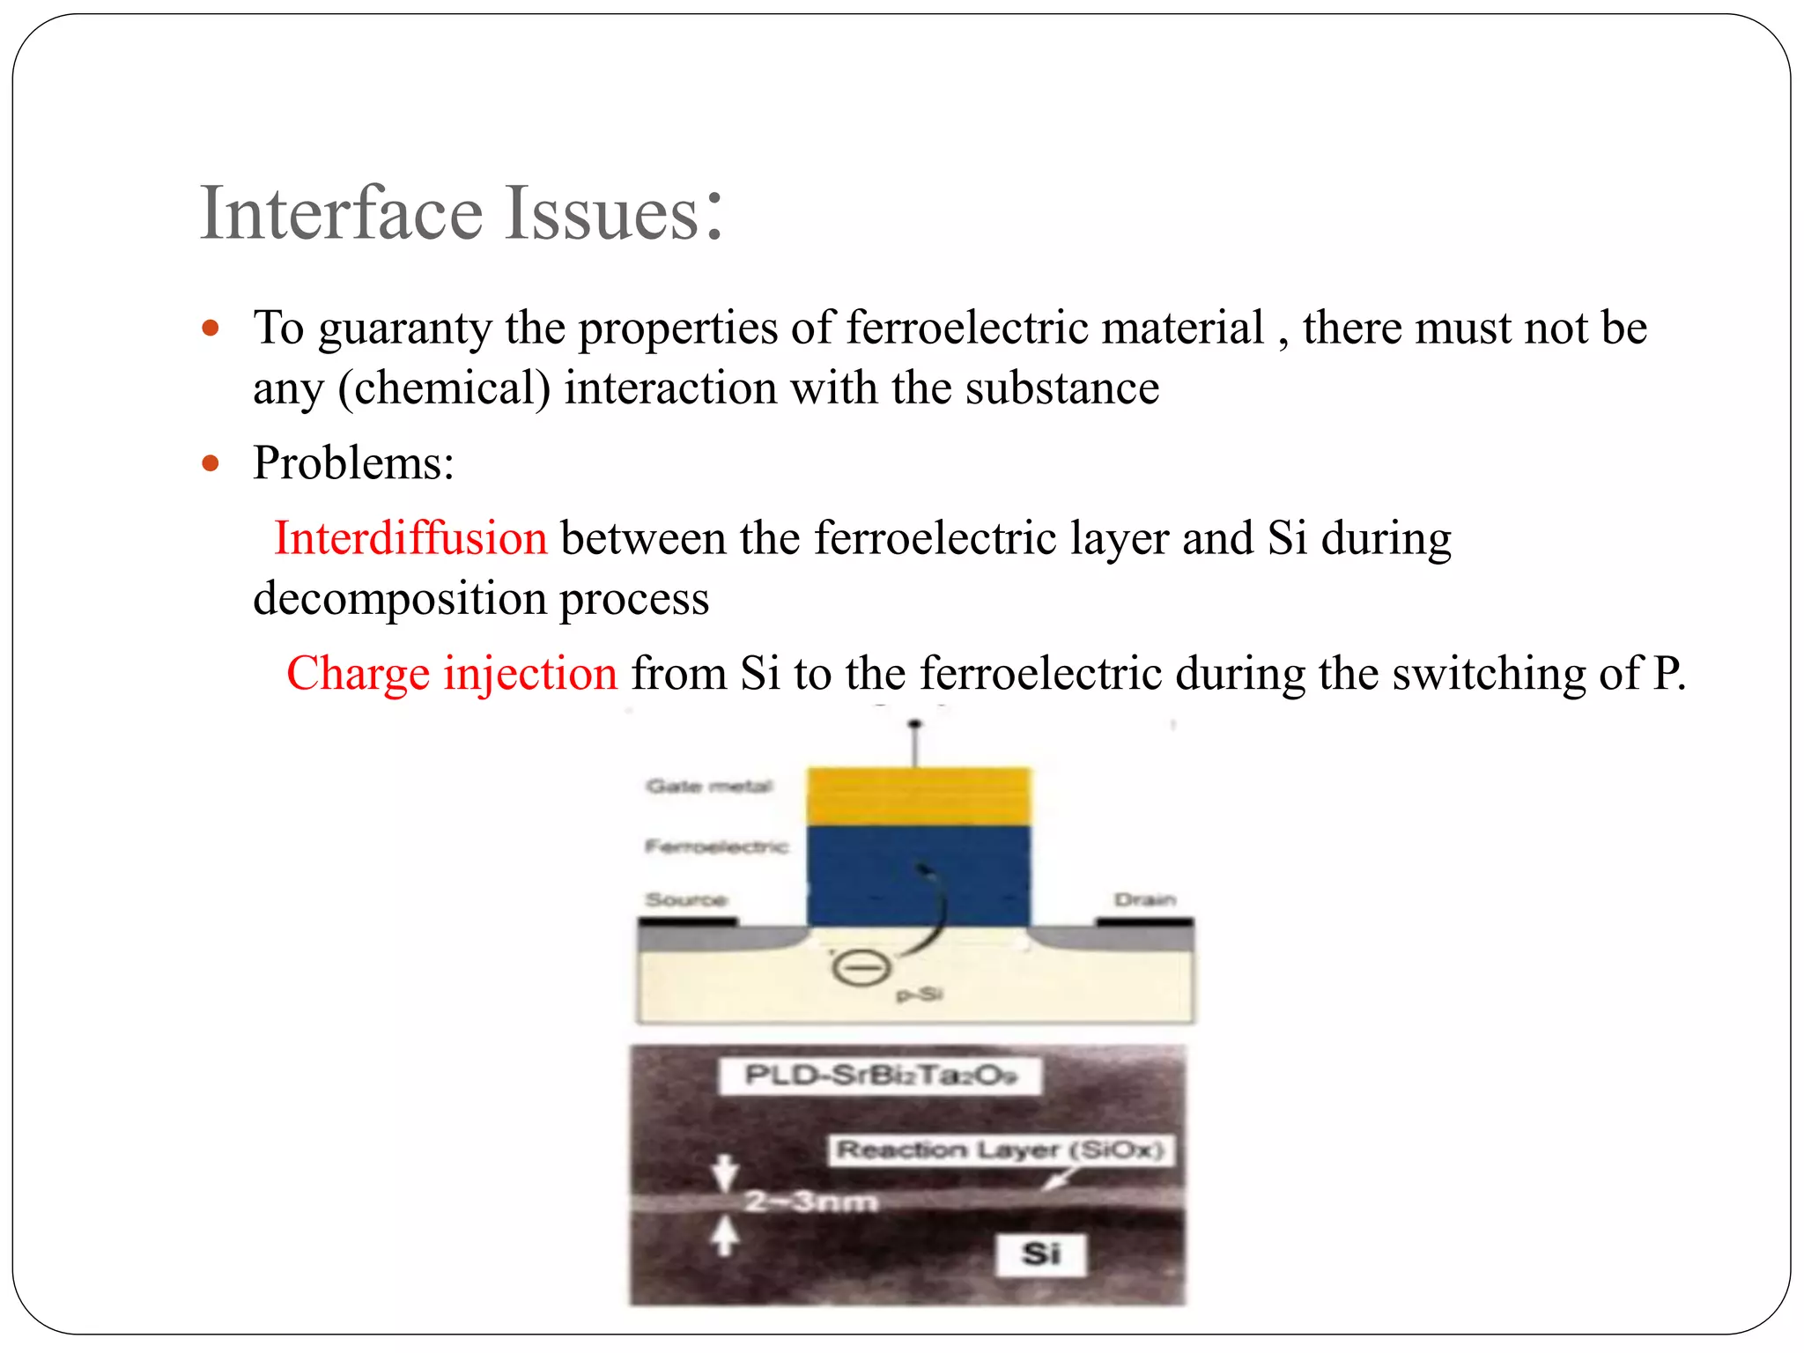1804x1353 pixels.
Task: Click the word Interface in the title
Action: pyautogui.click(x=342, y=213)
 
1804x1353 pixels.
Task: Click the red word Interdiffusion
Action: pyautogui.click(x=410, y=538)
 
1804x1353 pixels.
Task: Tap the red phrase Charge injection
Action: pyautogui.click(x=452, y=674)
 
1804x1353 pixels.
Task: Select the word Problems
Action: pyautogui.click(x=352, y=462)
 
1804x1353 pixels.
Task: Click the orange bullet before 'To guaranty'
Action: pyautogui.click(x=210, y=329)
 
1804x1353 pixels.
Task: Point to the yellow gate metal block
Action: pyautogui.click(x=919, y=796)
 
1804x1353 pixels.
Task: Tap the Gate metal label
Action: pyautogui.click(x=709, y=786)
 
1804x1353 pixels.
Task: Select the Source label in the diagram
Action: pyautogui.click(x=686, y=899)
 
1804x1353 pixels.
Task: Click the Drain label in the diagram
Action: pyautogui.click(x=1145, y=899)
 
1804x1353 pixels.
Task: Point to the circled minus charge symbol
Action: pyautogui.click(x=861, y=969)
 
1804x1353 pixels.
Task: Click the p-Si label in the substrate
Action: pyautogui.click(x=920, y=995)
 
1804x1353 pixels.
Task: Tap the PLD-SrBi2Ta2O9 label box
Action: pyautogui.click(x=880, y=1076)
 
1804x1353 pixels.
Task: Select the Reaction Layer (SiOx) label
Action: pyautogui.click(x=1001, y=1150)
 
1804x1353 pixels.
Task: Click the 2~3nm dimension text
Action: pyautogui.click(x=811, y=1201)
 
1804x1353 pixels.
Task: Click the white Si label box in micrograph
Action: pyautogui.click(x=1041, y=1253)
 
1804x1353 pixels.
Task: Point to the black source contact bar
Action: pyautogui.click(x=687, y=922)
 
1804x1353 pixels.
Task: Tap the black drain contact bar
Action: pyautogui.click(x=1144, y=922)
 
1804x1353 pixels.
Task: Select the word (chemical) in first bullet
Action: pyautogui.click(x=445, y=388)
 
